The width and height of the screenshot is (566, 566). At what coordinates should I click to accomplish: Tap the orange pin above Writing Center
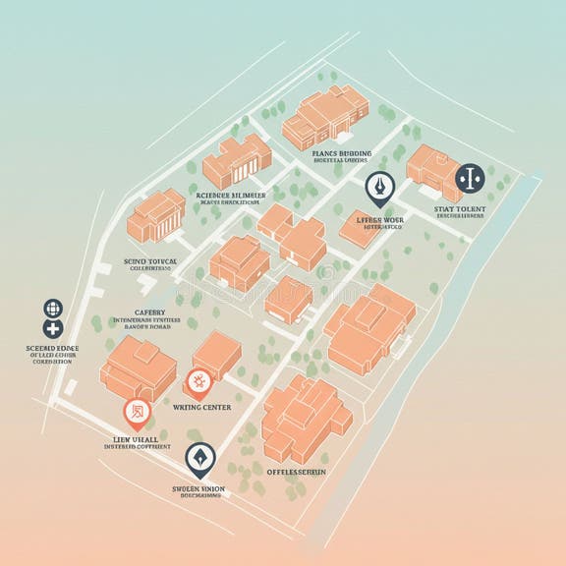198,381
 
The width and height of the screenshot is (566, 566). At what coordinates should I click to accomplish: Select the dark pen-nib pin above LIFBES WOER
379,186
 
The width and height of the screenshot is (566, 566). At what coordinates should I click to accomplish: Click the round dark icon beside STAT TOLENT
470,178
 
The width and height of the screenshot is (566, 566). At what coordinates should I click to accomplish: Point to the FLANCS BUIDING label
341,154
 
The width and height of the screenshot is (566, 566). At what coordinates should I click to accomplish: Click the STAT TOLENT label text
458,209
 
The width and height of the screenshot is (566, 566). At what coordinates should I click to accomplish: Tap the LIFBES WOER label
380,221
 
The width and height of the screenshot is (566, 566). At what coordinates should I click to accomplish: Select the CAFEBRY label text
150,311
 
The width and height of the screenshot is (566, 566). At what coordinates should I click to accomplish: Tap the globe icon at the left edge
53,309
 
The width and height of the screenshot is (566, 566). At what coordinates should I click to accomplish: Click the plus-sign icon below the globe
53,329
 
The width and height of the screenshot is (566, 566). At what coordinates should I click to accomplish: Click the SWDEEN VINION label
199,488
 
